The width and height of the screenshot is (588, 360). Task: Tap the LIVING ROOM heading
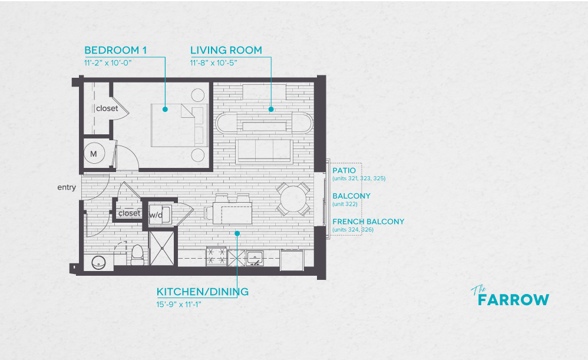[x=226, y=50]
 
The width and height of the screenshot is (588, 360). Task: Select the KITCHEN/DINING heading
[x=202, y=292]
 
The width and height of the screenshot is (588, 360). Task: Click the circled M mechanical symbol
[x=94, y=154]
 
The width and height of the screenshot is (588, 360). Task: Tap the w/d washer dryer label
[x=156, y=216]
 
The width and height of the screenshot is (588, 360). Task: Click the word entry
[x=67, y=187]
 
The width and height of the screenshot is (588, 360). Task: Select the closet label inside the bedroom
[x=107, y=108]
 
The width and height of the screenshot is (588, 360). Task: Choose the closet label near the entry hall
[x=129, y=213]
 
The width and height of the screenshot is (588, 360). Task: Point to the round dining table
[x=293, y=199]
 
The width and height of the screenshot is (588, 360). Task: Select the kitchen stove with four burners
[x=216, y=257]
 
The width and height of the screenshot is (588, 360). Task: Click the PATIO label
[x=344, y=170]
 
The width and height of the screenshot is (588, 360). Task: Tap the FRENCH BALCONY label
[x=368, y=222]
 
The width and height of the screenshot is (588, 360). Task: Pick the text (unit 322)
[x=345, y=204]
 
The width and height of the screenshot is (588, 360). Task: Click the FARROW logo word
[x=513, y=300]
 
